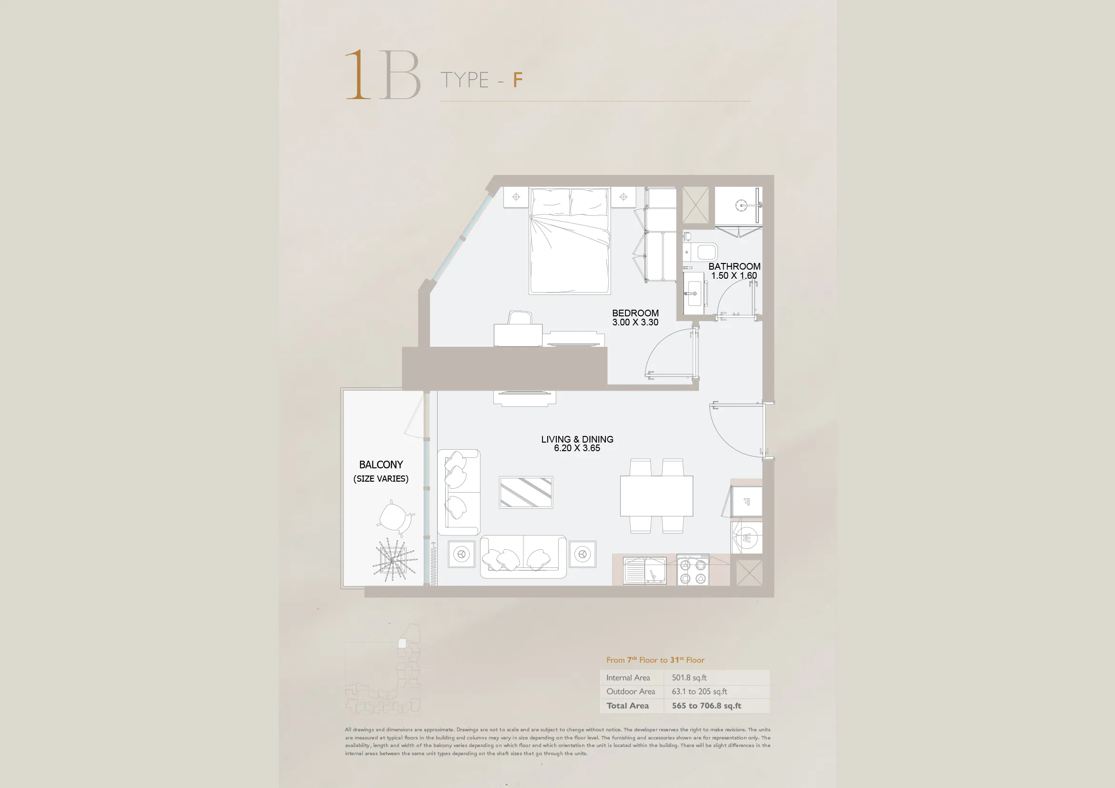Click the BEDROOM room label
[x=635, y=313]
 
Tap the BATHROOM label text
[x=734, y=266]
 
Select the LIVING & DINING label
[x=577, y=439]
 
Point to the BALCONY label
[x=381, y=465]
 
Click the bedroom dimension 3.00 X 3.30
[x=635, y=322]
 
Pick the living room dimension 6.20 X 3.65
[x=577, y=448]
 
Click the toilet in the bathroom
[x=700, y=252]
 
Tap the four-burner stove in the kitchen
[x=693, y=571]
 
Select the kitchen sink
[x=645, y=571]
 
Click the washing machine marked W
[x=747, y=537]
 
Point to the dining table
[x=656, y=496]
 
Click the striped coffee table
[x=526, y=493]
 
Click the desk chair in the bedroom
[x=520, y=318]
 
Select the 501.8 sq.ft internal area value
[x=689, y=677]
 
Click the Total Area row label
[x=627, y=706]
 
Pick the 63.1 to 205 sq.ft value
[x=699, y=691]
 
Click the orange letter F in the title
[x=518, y=80]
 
